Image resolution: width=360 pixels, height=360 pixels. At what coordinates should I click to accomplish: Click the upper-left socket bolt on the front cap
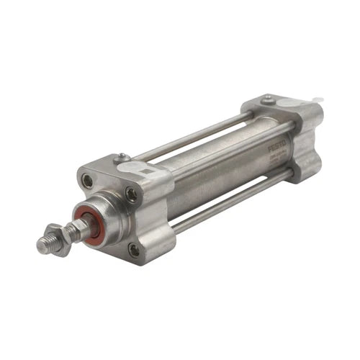[x=87, y=181]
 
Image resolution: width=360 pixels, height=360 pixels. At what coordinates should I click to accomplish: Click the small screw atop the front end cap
[x=122, y=156]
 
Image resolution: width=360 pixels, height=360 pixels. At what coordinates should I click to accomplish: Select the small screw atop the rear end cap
[x=268, y=99]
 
